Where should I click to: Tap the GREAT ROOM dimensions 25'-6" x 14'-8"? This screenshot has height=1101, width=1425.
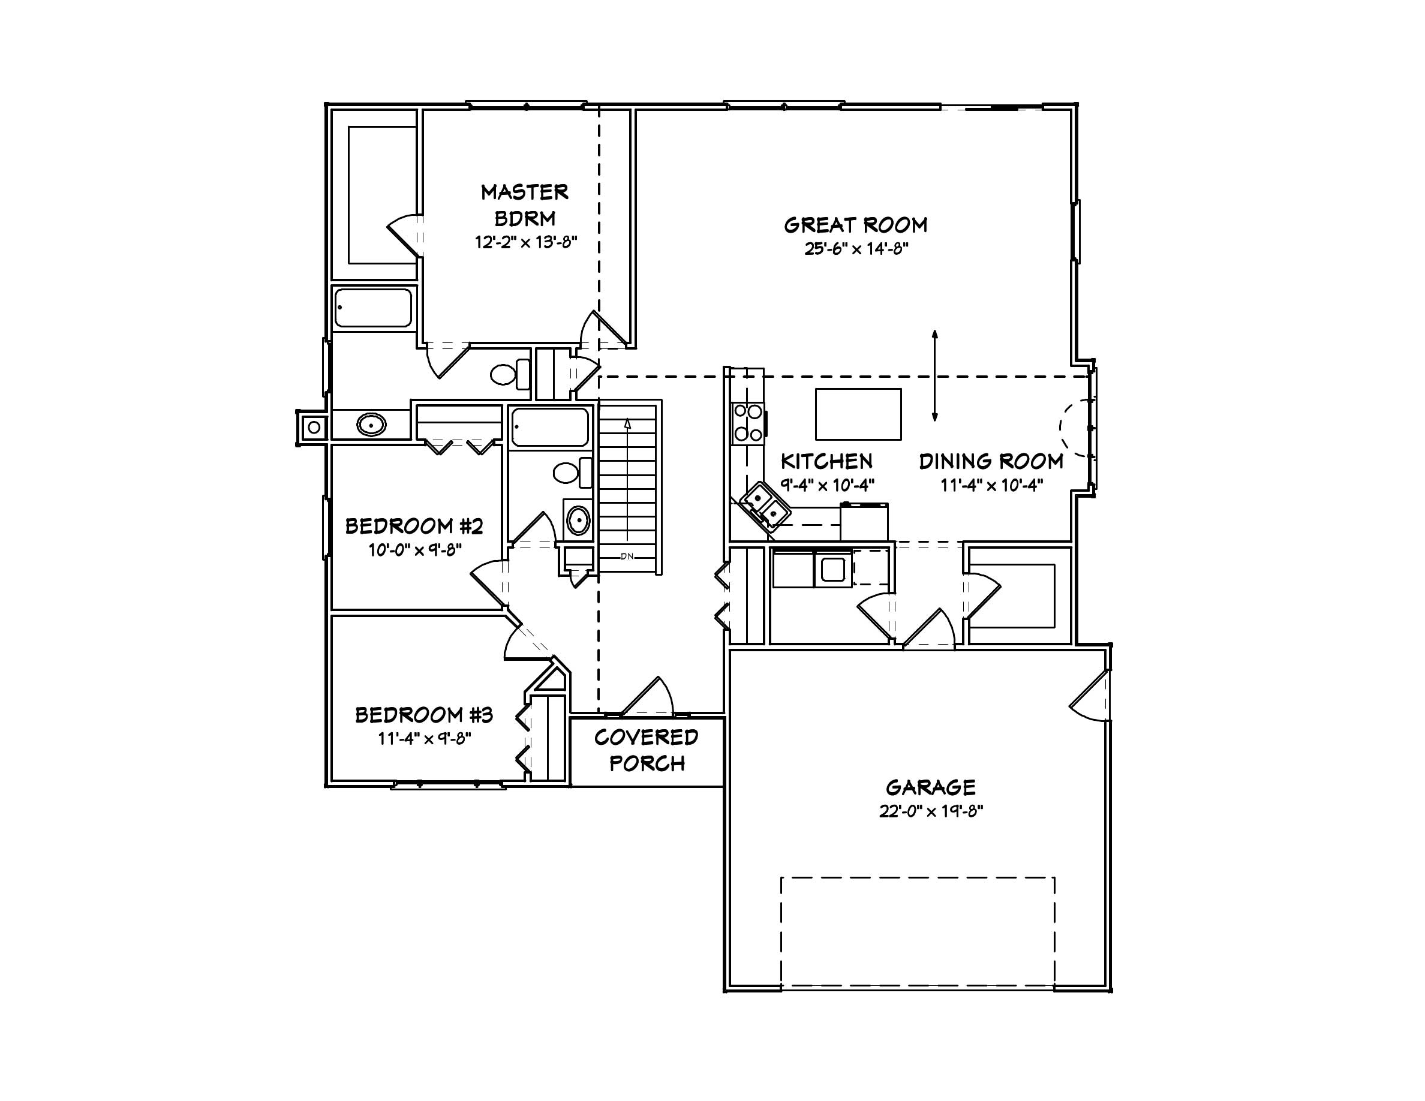(x=855, y=249)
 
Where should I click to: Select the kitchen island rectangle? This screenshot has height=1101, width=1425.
(x=858, y=414)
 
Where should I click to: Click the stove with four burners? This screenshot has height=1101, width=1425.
(x=748, y=423)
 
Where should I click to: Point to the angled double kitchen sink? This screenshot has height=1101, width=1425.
(x=765, y=507)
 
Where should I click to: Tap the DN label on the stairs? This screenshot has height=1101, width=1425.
(x=627, y=556)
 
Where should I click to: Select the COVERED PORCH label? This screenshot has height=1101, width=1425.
(x=647, y=750)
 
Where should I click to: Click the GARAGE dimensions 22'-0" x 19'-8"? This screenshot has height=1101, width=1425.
(x=930, y=811)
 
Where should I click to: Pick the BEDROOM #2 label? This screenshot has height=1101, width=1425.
(x=414, y=526)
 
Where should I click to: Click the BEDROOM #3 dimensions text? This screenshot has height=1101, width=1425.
(x=424, y=739)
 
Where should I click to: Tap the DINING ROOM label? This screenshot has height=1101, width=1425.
(x=990, y=462)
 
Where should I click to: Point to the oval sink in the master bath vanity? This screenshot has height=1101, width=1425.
(x=371, y=425)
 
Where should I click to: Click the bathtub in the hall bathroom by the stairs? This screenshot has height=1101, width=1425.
(x=550, y=427)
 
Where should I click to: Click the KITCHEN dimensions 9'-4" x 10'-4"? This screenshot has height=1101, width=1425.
(x=826, y=485)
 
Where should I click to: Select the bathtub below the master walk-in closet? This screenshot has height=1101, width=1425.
(x=373, y=308)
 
